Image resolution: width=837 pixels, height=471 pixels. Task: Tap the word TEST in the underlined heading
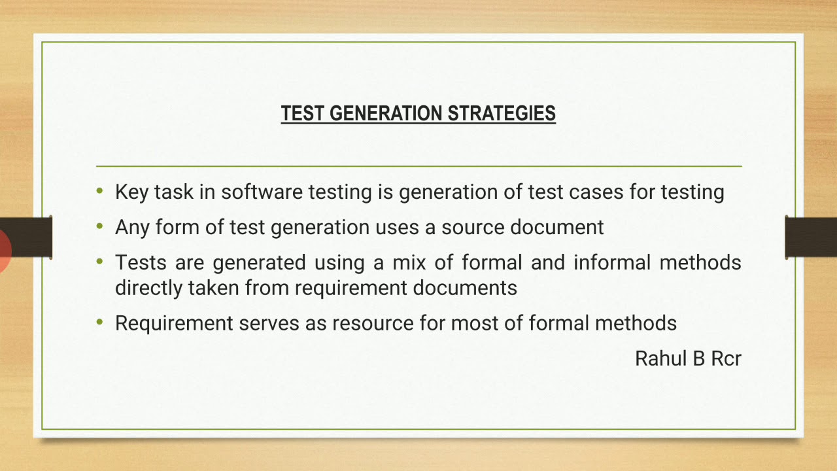303,114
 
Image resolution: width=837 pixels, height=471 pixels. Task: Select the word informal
612,263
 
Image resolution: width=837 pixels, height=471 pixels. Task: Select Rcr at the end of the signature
725,358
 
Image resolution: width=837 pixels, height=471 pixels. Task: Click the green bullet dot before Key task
99,192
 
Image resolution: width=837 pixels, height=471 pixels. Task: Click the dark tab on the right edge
811,237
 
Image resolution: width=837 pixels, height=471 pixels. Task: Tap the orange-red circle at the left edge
5,250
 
